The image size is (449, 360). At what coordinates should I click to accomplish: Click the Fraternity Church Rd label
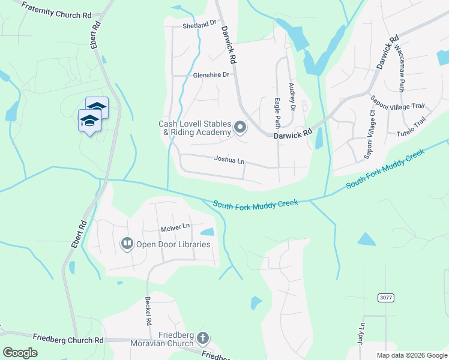point(57,10)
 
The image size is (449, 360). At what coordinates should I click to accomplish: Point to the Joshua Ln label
point(229,160)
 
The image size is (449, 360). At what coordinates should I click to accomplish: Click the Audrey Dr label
point(292,97)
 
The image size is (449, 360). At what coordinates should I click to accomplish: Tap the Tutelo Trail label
point(411,131)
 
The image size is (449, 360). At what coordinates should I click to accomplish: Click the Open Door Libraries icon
point(127,244)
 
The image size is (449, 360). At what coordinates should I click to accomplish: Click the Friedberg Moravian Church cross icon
point(202,338)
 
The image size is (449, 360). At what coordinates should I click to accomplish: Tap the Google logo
point(20,353)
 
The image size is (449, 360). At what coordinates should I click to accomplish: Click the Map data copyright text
point(411,355)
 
